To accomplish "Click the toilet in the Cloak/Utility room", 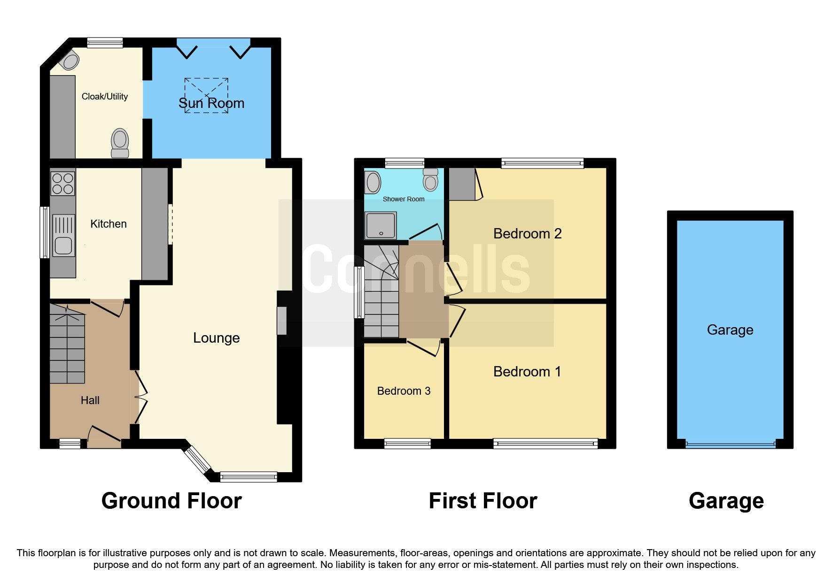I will pyautogui.click(x=120, y=143).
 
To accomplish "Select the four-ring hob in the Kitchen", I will pyautogui.click(x=63, y=184).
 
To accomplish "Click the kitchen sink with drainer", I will pyautogui.click(x=63, y=236).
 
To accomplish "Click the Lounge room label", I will pyautogui.click(x=216, y=338).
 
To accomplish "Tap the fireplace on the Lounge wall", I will pyautogui.click(x=282, y=321).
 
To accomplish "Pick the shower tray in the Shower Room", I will pyautogui.click(x=381, y=226).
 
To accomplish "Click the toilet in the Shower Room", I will pyautogui.click(x=430, y=180).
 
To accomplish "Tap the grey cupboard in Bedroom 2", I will pyautogui.click(x=462, y=184).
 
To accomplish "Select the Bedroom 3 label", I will pyautogui.click(x=404, y=391).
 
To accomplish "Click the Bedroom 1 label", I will pyautogui.click(x=527, y=372).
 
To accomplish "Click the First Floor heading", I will pyautogui.click(x=482, y=501).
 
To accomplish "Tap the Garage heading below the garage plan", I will pyautogui.click(x=726, y=501).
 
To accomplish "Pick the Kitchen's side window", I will pyautogui.click(x=45, y=232).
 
